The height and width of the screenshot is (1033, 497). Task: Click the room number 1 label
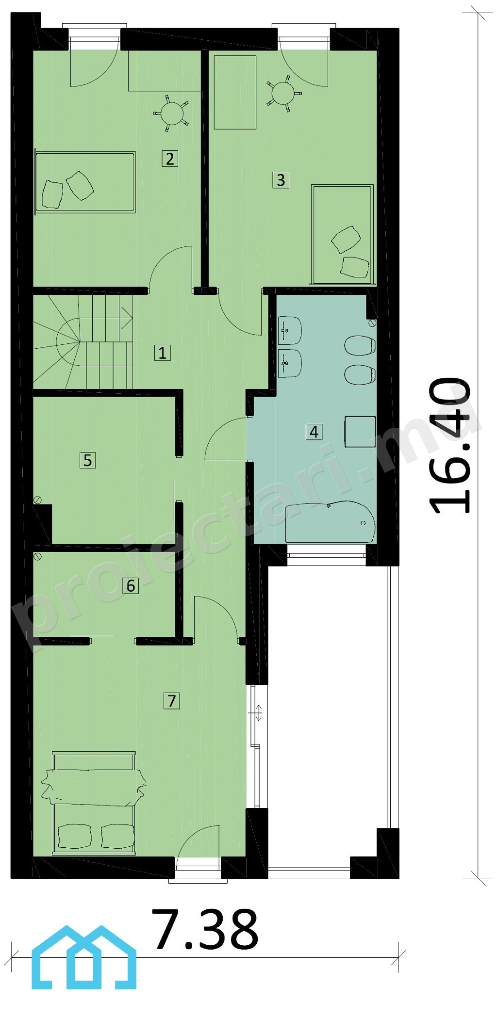(163, 353)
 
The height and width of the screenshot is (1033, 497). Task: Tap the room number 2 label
(170, 159)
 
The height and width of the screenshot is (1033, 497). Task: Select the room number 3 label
(281, 180)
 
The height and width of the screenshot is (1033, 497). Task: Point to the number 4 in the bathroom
(314, 432)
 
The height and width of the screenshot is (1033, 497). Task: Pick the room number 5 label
(87, 460)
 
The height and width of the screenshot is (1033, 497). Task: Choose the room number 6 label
(131, 586)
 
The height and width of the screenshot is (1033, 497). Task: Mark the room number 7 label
(172, 701)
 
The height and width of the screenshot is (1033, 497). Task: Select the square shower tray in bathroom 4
(360, 431)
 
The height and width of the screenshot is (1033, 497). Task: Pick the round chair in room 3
(284, 93)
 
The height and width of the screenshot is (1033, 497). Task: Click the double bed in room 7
(93, 803)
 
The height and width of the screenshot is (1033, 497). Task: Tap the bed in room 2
(84, 182)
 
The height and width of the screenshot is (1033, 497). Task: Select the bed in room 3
(343, 234)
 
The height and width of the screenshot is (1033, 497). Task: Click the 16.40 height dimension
(449, 445)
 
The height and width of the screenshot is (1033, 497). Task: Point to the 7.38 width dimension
(205, 929)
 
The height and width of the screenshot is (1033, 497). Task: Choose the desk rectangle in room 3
(235, 92)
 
